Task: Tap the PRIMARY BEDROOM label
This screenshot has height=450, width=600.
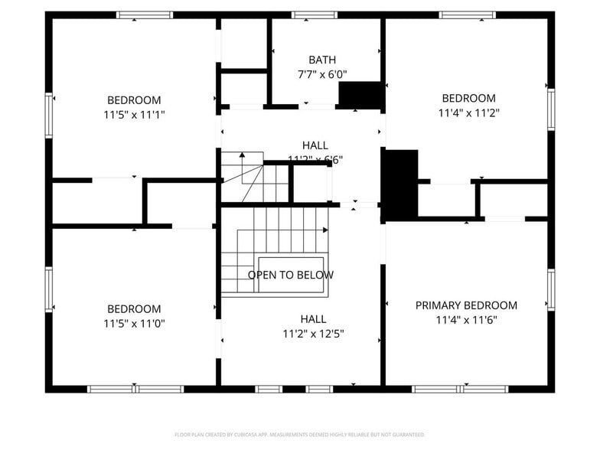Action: (x=466, y=305)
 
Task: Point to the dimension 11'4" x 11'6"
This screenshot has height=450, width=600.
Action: (x=466, y=321)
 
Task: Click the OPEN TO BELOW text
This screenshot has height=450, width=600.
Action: (x=290, y=275)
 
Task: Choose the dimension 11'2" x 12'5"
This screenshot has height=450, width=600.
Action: (x=313, y=334)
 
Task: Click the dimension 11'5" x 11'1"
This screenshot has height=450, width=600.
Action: (x=134, y=115)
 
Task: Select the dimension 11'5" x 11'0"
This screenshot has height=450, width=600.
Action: (x=134, y=323)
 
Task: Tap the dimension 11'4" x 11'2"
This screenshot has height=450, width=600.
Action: (x=468, y=112)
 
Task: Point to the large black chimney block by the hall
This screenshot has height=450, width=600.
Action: (x=399, y=184)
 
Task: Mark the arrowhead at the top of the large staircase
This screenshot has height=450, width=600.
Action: (x=325, y=229)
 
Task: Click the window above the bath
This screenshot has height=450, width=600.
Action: (x=315, y=15)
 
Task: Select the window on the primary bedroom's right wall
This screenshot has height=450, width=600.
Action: (x=550, y=290)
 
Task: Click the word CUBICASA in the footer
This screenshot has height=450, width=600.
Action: (x=243, y=435)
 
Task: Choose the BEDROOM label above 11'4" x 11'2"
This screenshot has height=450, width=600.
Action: (x=468, y=98)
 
